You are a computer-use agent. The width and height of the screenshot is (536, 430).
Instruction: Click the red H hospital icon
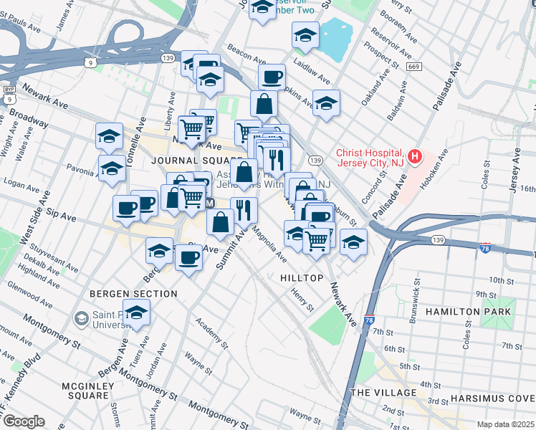(414, 156)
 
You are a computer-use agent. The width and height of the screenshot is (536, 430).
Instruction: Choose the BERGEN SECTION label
(133, 294)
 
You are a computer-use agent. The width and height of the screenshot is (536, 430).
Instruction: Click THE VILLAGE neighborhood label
(384, 393)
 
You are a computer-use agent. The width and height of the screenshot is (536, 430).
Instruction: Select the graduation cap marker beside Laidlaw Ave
(305, 35)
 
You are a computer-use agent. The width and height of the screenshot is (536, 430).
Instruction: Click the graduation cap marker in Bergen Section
(136, 312)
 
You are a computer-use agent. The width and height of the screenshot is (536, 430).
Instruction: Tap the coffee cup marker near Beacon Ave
(272, 77)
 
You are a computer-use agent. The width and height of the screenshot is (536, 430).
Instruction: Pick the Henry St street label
(302, 300)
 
